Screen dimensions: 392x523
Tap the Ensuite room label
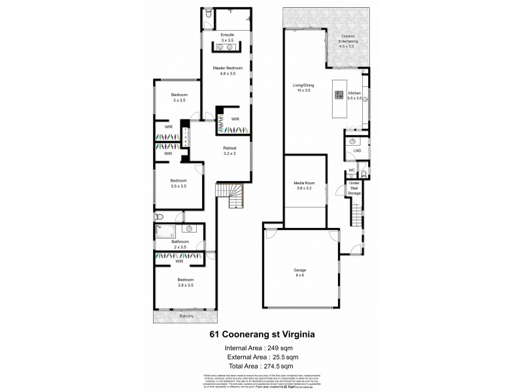(228, 34)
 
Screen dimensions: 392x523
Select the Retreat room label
(229, 148)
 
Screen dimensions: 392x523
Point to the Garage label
(300, 269)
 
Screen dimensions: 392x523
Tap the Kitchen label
(354, 93)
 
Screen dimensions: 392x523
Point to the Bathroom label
(180, 242)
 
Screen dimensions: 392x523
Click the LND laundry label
(356, 151)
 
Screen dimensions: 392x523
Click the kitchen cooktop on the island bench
(339, 94)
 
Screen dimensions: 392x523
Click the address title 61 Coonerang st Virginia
(261, 333)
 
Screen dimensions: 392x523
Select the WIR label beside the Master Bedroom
(235, 118)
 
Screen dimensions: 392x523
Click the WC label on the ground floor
(351, 170)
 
